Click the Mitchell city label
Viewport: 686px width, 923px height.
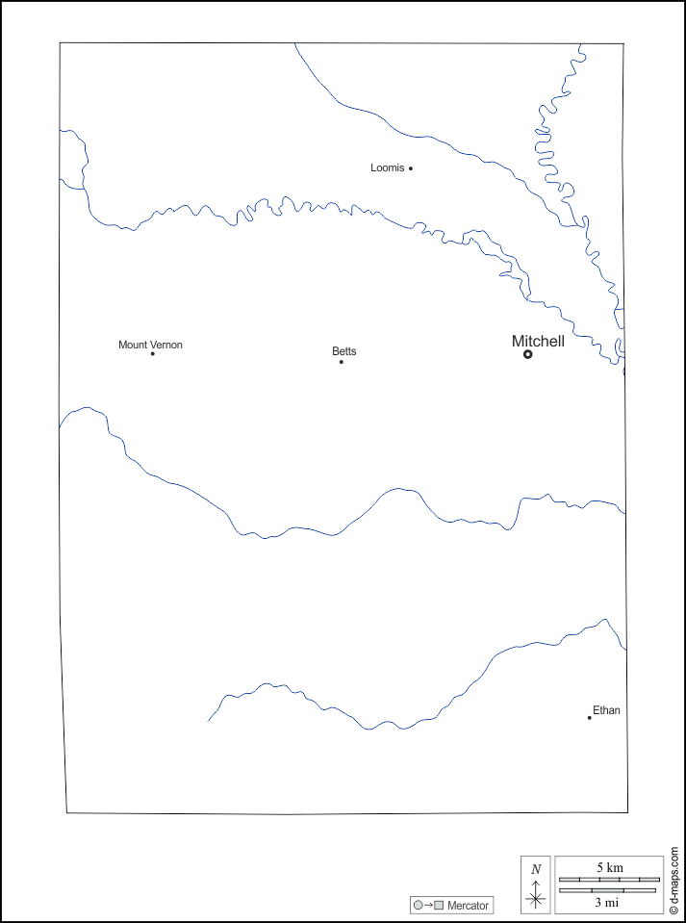(538, 341)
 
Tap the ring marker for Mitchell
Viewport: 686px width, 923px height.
(527, 354)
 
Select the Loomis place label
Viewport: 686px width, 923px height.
(387, 167)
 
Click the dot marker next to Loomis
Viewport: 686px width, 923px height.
(411, 168)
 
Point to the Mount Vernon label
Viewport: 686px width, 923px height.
(150, 345)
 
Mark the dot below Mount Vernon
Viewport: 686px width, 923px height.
(152, 354)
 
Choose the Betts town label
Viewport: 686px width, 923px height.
(343, 351)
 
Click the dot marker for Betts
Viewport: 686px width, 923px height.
(341, 362)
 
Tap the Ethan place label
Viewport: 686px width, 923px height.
(606, 710)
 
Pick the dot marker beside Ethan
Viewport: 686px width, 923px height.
(589, 717)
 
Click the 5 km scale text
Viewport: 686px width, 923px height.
(609, 868)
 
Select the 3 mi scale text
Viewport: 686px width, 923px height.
(606, 903)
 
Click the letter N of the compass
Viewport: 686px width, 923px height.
(536, 869)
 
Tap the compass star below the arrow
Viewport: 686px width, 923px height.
(536, 900)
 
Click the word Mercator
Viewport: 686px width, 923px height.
(468, 906)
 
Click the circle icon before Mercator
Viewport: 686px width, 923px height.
(418, 906)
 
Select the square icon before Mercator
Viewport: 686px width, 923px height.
(439, 906)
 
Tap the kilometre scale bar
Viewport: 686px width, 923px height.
(609, 879)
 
